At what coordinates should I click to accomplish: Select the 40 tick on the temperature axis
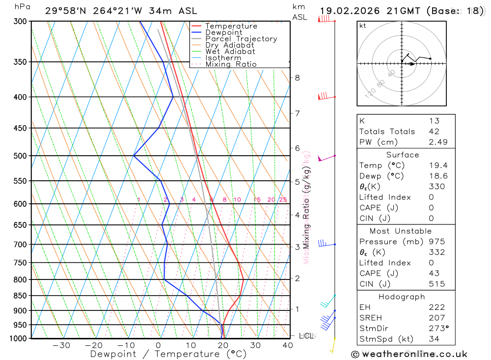(288, 345)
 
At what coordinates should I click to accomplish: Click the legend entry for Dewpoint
(224, 32)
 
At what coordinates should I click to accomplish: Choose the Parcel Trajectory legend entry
(241, 39)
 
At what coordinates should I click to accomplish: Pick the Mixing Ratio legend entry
(231, 64)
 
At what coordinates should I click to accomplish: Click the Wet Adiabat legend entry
(230, 52)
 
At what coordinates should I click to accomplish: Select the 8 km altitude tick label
(297, 78)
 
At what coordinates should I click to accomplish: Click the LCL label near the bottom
(306, 336)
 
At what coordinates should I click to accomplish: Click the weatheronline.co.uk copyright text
(409, 354)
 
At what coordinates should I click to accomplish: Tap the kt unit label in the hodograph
(363, 26)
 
